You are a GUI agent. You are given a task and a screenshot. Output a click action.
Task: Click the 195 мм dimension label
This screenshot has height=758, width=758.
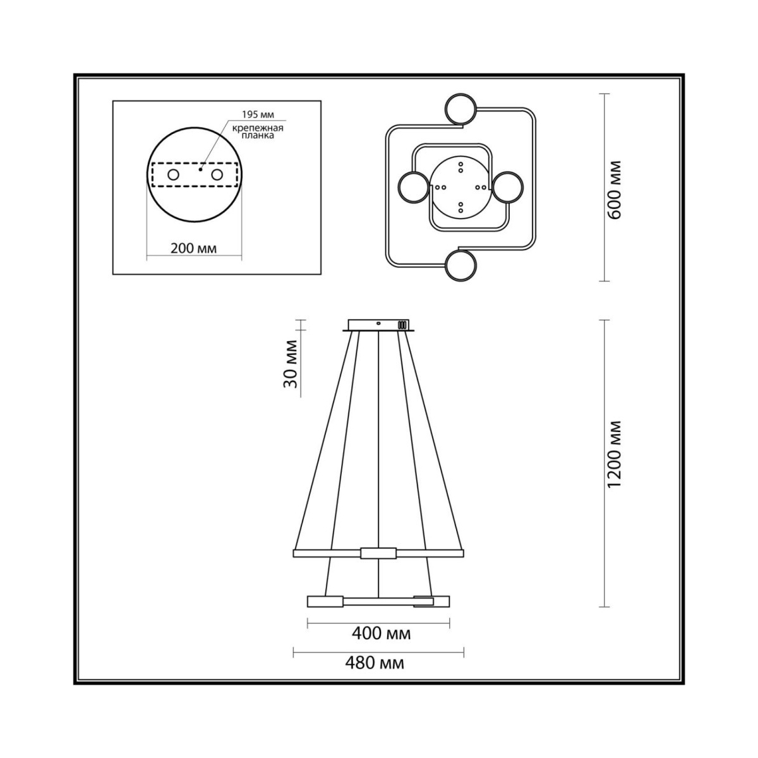[258, 114]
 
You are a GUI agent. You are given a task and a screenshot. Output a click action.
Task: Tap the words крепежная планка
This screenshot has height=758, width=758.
[258, 132]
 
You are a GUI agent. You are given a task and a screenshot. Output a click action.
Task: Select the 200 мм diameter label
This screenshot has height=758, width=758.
[193, 248]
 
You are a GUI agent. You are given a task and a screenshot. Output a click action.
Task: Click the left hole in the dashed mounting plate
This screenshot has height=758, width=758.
[174, 174]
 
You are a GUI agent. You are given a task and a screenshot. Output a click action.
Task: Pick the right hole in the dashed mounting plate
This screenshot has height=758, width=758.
[217, 174]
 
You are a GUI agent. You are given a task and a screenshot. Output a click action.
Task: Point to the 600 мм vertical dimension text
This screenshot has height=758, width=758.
[613, 189]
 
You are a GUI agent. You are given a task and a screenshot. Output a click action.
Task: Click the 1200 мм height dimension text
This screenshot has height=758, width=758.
[613, 454]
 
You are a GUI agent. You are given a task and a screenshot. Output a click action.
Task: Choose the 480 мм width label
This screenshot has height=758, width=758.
[375, 674]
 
